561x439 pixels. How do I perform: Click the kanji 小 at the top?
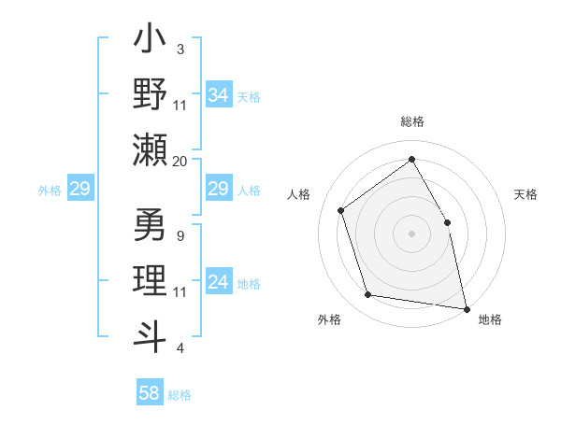pos(151,42)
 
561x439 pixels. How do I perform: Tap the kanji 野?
pos(151,95)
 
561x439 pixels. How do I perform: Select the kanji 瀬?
pos(151,149)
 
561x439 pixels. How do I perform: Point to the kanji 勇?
pos(151,228)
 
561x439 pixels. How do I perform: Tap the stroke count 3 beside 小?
pos(180,49)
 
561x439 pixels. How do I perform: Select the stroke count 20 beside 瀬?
pos(180,162)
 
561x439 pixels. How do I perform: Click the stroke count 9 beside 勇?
pos(180,235)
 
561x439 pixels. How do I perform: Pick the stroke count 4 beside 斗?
pos(180,348)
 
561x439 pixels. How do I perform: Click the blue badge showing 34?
pos(218,95)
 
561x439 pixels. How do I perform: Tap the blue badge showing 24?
pos(218,282)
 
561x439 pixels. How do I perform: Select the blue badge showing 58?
pos(150,393)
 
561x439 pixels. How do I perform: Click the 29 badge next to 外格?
pos(79,189)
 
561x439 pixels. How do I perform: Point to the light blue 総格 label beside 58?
pos(180,395)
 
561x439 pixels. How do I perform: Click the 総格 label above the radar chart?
pos(411,121)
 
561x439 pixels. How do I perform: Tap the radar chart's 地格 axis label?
pos(490,319)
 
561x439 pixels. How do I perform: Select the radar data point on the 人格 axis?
pos(341,210)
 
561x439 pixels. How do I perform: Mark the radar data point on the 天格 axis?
pos(447,222)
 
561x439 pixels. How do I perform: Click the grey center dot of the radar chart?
pos(411,234)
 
